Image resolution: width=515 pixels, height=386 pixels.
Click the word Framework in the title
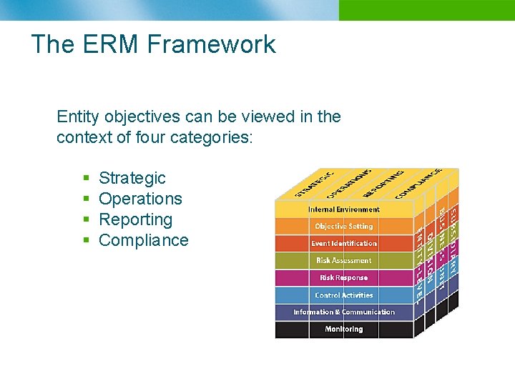pos(212,44)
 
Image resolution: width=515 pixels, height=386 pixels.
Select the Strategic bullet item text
pos(132,178)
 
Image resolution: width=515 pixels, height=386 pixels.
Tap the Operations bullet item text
pos(140,199)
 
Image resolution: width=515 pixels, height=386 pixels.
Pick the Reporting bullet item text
pos(135,219)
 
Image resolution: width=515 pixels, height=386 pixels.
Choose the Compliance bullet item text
pos(143,240)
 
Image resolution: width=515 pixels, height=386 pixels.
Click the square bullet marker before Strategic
pos(86,179)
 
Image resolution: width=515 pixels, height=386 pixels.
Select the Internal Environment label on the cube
pos(343,209)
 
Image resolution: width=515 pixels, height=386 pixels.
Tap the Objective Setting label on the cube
pos(343,227)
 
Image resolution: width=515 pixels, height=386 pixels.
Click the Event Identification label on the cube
pos(343,244)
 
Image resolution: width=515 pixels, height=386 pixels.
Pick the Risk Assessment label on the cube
pos(343,261)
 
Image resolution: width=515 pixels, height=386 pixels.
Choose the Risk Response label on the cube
pos(343,278)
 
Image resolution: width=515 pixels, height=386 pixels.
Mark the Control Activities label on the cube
pos(343,295)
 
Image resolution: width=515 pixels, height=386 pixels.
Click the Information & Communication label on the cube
pos(343,312)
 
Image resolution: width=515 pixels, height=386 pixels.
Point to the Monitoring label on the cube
pos(343,330)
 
